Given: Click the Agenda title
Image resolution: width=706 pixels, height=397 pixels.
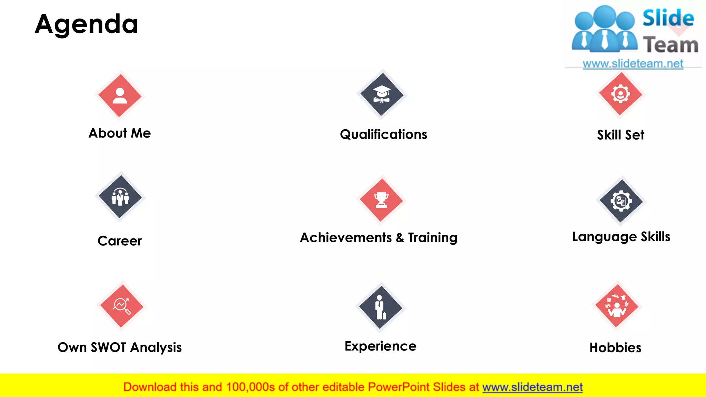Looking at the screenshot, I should point(87,24).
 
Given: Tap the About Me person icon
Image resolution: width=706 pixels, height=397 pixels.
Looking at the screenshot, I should point(120,95).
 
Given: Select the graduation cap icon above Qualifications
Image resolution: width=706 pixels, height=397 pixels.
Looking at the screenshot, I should point(382,94).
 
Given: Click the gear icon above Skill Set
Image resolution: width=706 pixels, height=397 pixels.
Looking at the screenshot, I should point(621,94).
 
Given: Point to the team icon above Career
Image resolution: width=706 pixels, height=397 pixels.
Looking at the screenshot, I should point(120,197).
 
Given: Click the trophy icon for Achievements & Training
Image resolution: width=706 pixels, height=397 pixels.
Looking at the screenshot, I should point(381,200).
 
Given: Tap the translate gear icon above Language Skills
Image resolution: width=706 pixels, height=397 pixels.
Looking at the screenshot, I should point(621,201).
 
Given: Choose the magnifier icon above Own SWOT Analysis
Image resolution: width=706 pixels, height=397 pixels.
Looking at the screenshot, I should point(122,306).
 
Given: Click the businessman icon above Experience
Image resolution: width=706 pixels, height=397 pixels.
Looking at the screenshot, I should point(381,307).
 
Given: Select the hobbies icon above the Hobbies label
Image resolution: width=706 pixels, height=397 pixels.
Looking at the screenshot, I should point(617,306).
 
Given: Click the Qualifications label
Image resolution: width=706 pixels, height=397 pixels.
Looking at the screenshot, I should point(383,134).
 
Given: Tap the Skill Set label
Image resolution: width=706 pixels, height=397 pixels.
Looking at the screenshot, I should point(621,135).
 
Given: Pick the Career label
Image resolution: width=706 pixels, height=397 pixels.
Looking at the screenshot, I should point(120,241).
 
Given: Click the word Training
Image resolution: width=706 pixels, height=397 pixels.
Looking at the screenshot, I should point(433,238).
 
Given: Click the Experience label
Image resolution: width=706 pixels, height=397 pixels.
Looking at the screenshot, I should point(381,346).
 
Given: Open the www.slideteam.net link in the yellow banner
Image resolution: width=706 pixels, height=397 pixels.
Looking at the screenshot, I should point(532,387).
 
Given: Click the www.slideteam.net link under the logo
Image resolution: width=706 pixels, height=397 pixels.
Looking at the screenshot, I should point(633,64).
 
